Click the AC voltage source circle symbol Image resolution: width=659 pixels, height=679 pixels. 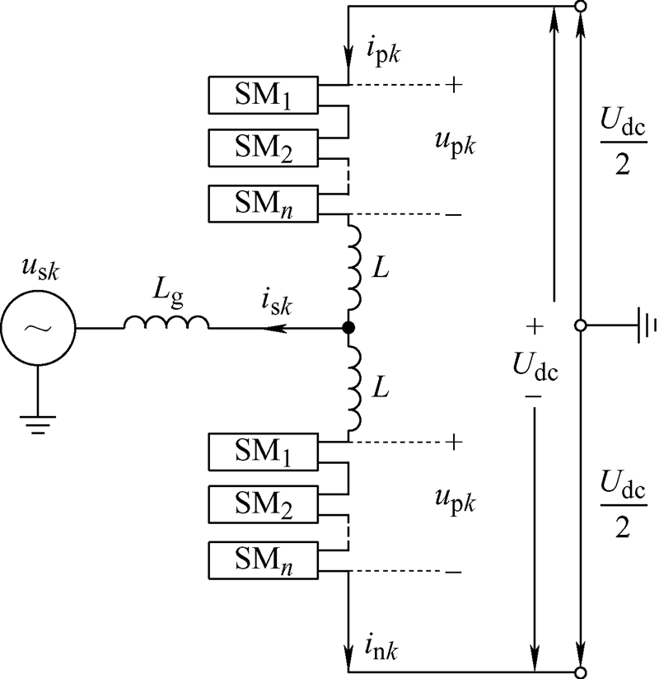(x=39, y=328)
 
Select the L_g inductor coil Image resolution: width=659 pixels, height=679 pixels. (x=166, y=324)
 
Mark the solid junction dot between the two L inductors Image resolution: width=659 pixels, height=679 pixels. (x=349, y=328)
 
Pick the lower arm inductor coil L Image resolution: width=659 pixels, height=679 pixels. (x=354, y=388)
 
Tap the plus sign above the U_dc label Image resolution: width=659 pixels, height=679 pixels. (x=535, y=328)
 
